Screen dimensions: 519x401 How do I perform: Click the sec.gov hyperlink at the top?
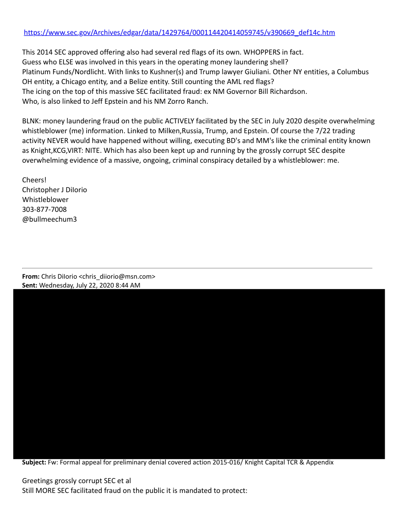pos(179,32)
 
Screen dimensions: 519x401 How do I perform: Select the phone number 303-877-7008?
pos(45,209)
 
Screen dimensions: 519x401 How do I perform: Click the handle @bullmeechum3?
pos(49,219)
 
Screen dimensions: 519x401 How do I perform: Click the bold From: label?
pos(31,276)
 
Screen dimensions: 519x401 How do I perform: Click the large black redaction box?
pos(199,374)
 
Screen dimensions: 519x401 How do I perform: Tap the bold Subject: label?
pos(34,462)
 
